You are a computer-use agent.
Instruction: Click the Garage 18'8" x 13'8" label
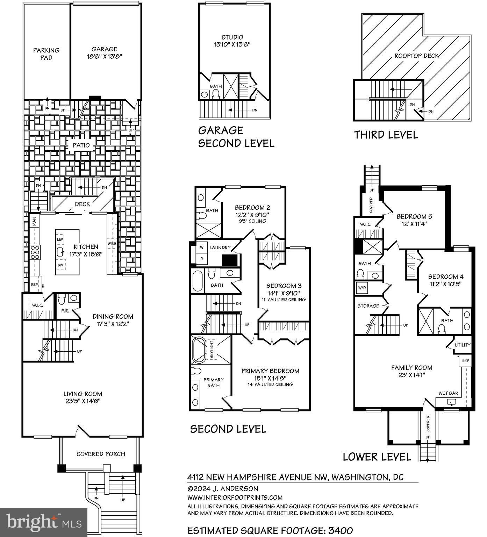click(x=105, y=52)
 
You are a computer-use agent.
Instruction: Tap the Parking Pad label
click(x=46, y=54)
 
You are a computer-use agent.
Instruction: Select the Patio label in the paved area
click(x=81, y=145)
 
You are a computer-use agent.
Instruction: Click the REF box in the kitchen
click(x=35, y=285)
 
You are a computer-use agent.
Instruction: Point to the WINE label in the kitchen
click(x=112, y=244)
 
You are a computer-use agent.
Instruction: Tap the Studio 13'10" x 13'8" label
click(x=232, y=41)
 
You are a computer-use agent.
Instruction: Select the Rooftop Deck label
click(x=416, y=56)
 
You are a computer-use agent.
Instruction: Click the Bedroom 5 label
click(x=411, y=220)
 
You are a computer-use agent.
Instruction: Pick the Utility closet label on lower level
click(x=463, y=345)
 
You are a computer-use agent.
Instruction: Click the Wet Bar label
click(x=448, y=393)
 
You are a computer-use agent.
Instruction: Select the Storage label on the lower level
click(x=368, y=306)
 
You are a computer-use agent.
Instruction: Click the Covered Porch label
click(x=101, y=454)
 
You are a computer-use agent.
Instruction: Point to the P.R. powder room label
click(x=65, y=310)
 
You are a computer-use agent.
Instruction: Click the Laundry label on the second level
click(x=220, y=248)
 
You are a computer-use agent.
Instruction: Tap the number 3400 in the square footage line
click(x=340, y=530)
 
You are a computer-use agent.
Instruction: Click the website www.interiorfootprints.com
click(x=235, y=497)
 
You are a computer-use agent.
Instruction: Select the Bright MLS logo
click(x=44, y=522)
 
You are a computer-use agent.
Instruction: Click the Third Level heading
click(x=386, y=135)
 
